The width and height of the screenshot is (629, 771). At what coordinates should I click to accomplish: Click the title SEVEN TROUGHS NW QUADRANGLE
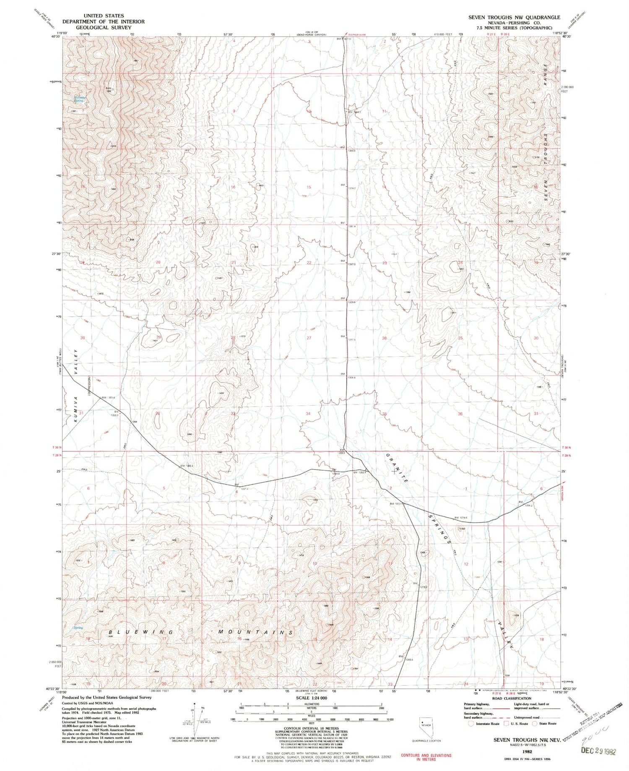click(514, 17)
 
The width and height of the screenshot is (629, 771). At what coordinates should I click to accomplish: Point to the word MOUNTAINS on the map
click(255, 632)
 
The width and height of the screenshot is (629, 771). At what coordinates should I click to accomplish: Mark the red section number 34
click(308, 414)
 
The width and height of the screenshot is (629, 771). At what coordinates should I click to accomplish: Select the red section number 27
click(309, 338)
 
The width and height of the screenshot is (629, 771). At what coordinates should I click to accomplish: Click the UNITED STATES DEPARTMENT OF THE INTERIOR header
click(104, 21)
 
